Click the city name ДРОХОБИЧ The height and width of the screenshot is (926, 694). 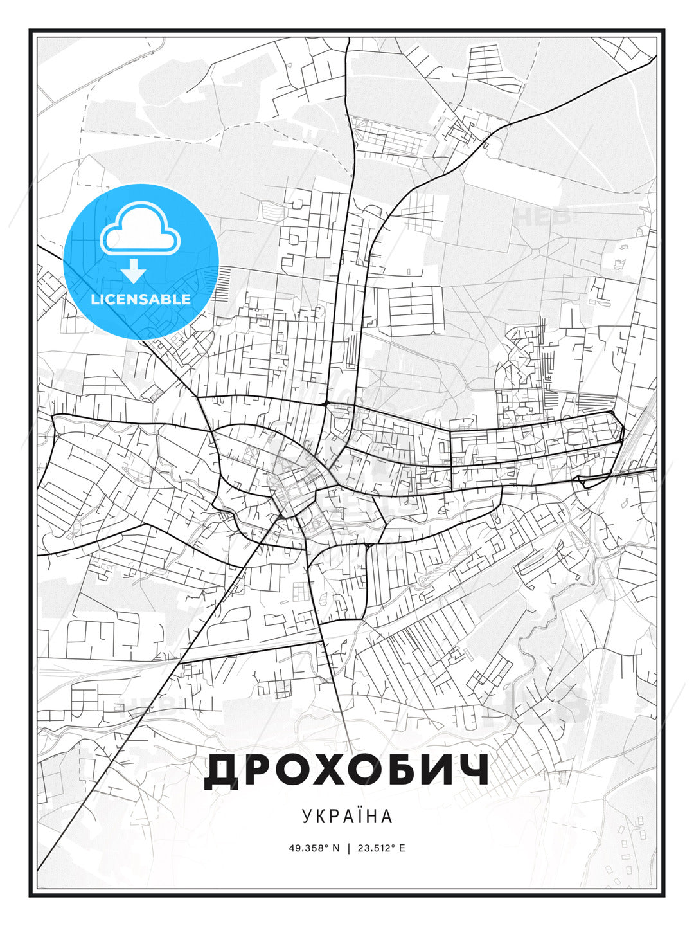click(x=346, y=770)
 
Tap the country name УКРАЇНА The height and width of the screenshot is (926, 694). click(x=346, y=816)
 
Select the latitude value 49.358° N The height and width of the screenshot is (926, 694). click(x=314, y=848)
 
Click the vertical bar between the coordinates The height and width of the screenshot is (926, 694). click(x=348, y=848)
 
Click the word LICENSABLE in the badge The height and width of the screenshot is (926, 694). click(x=141, y=299)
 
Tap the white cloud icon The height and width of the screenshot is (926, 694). click(x=138, y=230)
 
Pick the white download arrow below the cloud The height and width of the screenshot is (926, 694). click(x=134, y=271)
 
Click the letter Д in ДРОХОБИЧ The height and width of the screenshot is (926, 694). click(x=222, y=772)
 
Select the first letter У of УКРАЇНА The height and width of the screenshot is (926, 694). click(x=307, y=816)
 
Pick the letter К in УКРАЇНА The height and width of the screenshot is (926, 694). click(x=320, y=816)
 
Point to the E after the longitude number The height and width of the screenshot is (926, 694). click(x=402, y=848)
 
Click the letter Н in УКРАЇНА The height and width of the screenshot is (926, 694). click(x=371, y=816)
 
